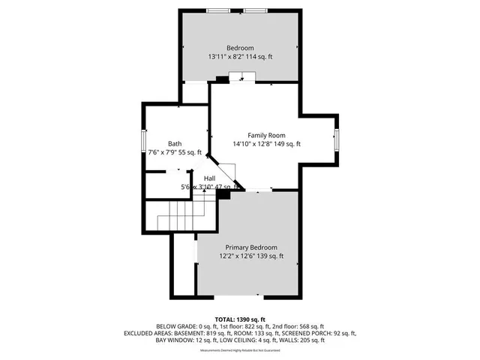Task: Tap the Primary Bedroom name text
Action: pos(251,247)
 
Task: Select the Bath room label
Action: pos(174,143)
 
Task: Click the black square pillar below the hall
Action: pos(223,193)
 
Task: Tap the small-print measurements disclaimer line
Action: pos(240,348)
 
